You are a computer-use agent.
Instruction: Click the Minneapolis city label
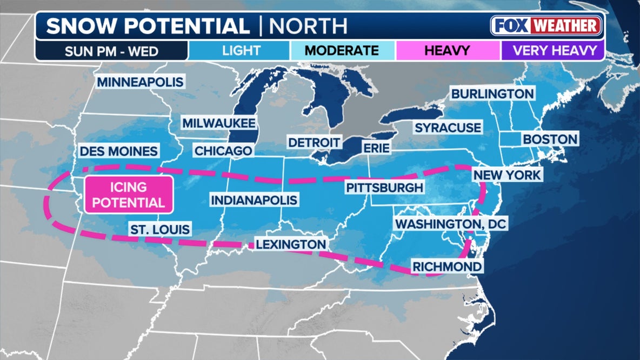[141, 82]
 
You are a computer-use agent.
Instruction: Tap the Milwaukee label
[218, 123]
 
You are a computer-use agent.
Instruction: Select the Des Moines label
[119, 151]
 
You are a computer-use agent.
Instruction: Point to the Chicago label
[223, 151]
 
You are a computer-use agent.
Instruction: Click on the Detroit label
[314, 143]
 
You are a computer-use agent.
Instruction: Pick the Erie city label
[376, 148]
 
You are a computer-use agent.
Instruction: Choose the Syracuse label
[448, 128]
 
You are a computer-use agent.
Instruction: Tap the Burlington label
[492, 94]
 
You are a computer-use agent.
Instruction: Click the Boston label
[550, 139]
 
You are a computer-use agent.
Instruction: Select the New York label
[506, 175]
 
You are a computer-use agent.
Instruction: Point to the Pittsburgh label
[384, 188]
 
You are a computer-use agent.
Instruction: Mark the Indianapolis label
[254, 201]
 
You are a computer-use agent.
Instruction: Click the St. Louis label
[159, 229]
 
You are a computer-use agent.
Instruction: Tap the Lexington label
[291, 244]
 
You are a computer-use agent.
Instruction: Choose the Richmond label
[446, 266]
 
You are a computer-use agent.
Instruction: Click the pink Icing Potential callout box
[129, 194]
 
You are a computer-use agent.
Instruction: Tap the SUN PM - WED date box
[111, 51]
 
